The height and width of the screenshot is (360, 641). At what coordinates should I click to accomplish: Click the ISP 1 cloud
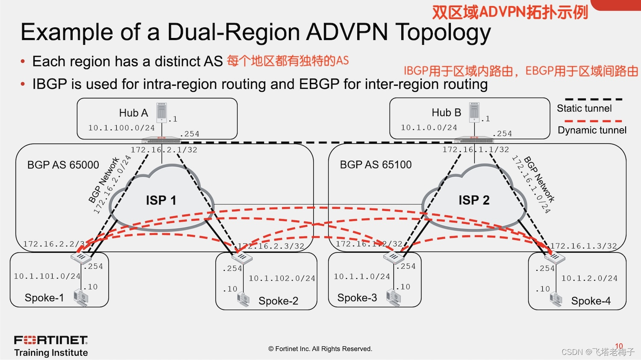pyautogui.click(x=161, y=199)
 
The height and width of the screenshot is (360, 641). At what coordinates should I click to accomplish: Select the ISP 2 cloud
pyautogui.click(x=474, y=199)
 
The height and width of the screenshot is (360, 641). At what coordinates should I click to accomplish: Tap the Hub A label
pyautogui.click(x=133, y=113)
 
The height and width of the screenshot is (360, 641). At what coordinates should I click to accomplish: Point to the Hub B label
pyautogui.click(x=446, y=112)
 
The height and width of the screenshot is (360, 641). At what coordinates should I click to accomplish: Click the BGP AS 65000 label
pyautogui.click(x=63, y=165)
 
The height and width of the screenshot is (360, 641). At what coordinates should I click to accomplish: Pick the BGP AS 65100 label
pyautogui.click(x=376, y=165)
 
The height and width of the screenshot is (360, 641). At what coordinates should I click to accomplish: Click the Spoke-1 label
pyautogui.click(x=44, y=298)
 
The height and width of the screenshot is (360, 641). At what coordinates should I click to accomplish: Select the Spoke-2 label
pyautogui.click(x=278, y=301)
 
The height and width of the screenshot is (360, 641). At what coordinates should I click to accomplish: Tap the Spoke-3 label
pyautogui.click(x=357, y=298)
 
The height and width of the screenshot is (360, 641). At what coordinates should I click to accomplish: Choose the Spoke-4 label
pyautogui.click(x=591, y=301)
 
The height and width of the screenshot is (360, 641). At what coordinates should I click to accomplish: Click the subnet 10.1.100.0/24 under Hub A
pyautogui.click(x=121, y=128)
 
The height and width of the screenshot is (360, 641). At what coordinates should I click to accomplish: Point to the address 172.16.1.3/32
pyautogui.click(x=584, y=246)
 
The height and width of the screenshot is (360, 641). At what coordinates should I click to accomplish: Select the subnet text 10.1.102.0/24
pyautogui.click(x=282, y=278)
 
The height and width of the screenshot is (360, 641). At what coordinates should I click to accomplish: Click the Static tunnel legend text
pyautogui.click(x=584, y=108)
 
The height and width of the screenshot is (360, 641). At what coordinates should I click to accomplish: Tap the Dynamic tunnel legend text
pyautogui.click(x=592, y=130)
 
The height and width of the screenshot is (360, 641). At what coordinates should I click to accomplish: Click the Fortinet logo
pyautogui.click(x=51, y=340)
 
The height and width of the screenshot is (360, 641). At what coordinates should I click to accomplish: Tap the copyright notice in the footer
pyautogui.click(x=320, y=349)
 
